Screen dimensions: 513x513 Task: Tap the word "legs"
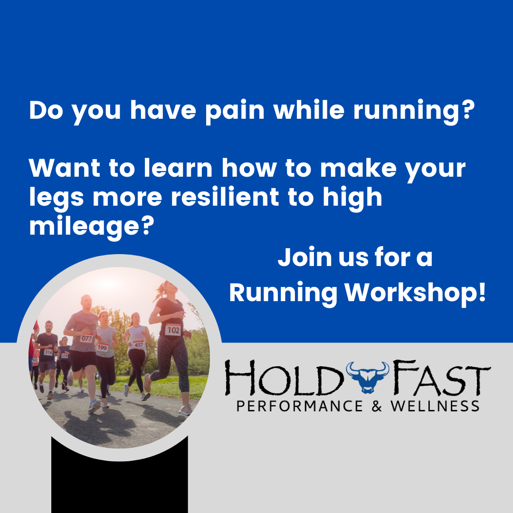click(57, 198)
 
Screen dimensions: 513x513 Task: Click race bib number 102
click(173, 329)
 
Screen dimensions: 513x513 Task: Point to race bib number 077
click(86, 339)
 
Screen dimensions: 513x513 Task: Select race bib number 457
click(138, 344)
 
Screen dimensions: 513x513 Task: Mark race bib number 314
click(48, 352)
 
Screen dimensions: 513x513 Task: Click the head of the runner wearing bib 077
click(86, 303)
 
